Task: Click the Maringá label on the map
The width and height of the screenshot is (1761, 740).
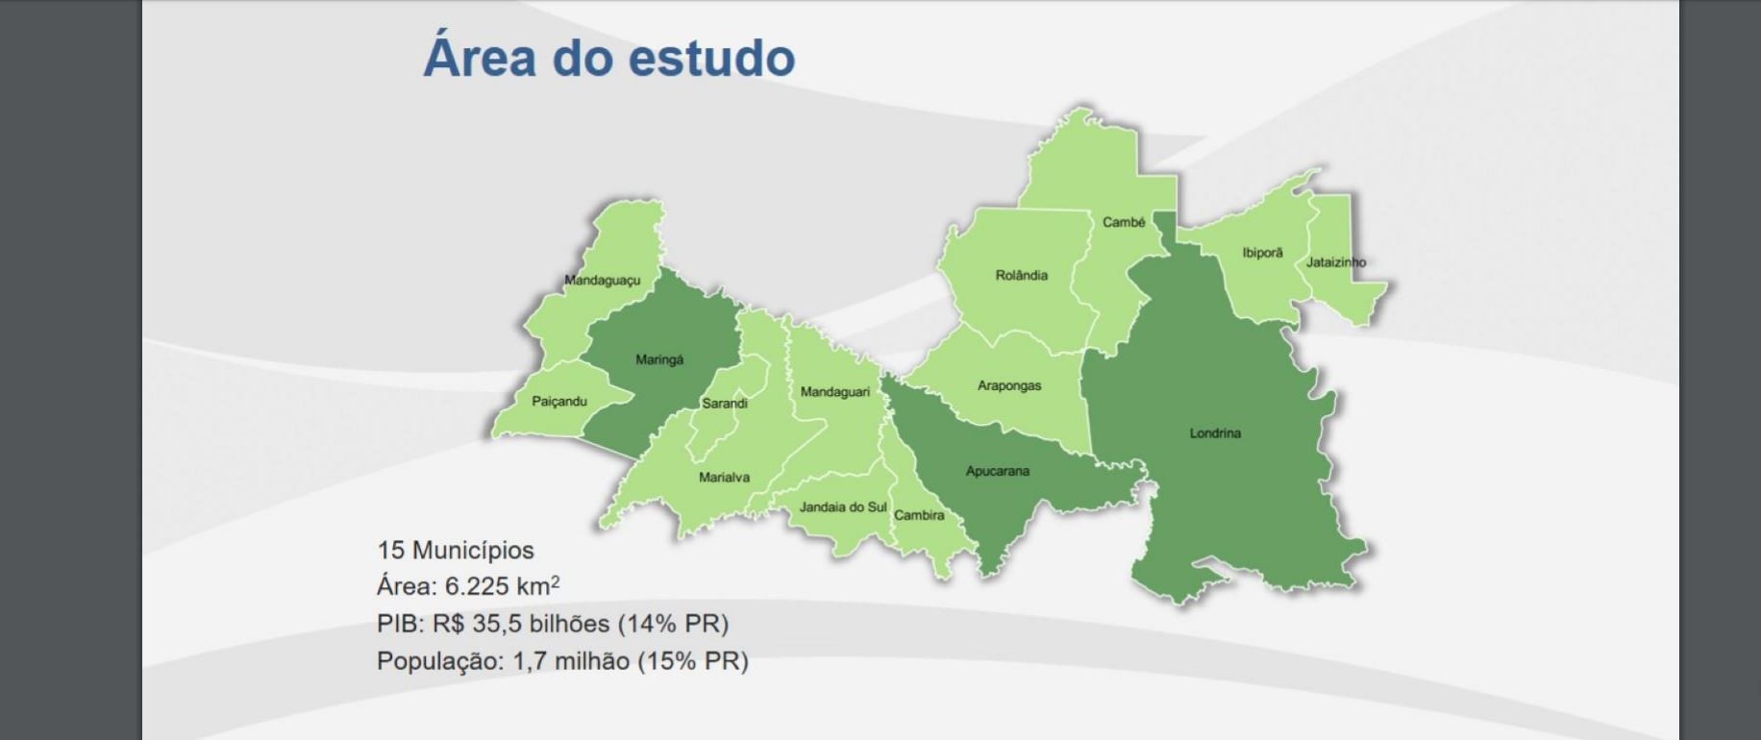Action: (659, 360)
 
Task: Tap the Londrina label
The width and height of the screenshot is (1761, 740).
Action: (1215, 433)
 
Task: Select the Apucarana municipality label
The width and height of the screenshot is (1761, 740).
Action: (997, 472)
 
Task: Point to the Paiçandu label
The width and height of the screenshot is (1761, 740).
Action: (559, 402)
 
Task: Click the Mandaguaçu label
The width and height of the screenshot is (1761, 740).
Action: (602, 281)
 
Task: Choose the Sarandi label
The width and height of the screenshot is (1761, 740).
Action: (724, 404)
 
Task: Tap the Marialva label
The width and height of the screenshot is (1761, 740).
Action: (724, 478)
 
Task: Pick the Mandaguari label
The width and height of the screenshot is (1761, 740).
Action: (834, 392)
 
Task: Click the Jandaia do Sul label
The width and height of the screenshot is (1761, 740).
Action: (843, 507)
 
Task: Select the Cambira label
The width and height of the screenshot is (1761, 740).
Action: (919, 516)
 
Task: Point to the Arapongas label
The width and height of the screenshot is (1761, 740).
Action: (1009, 386)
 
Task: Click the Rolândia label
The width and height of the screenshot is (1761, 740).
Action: (1021, 276)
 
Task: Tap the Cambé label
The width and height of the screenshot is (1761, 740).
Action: (1124, 223)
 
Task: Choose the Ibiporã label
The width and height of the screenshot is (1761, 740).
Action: (1262, 254)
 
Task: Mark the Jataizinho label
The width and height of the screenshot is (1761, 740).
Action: (1335, 262)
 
